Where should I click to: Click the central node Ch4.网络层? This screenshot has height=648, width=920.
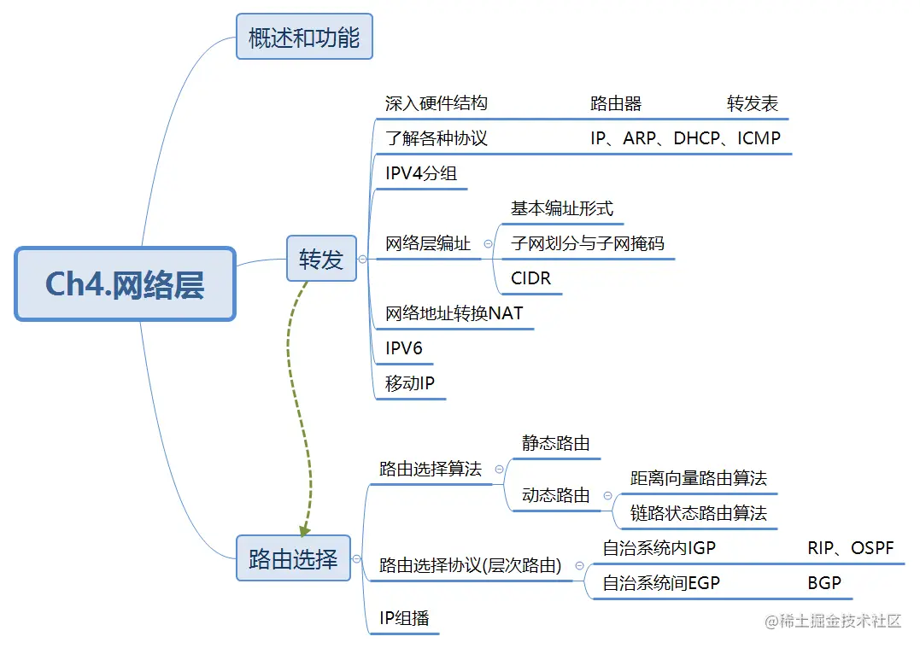coord(125,284)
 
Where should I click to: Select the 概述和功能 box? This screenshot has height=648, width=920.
coord(304,38)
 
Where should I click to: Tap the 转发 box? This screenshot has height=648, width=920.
coord(321,259)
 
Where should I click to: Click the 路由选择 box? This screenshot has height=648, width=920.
coord(293,559)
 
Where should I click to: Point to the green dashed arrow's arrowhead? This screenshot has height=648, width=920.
coord(303,530)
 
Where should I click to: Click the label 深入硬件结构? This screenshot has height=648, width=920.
coord(436,103)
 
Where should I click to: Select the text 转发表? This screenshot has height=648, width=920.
coord(753,104)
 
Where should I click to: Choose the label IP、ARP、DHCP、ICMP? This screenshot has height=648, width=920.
coord(685,138)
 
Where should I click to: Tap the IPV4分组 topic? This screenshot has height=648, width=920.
coord(421,173)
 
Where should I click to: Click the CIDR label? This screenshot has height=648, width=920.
coord(530,278)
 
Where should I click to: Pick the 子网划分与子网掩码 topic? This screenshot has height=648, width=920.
coord(587,243)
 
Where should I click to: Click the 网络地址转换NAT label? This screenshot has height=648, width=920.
coord(454,313)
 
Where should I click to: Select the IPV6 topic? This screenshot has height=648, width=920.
coord(403,348)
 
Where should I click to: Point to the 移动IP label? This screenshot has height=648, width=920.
coord(409,383)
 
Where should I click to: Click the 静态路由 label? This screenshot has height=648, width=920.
coord(555,443)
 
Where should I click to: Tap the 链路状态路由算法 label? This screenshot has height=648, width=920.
coord(698,513)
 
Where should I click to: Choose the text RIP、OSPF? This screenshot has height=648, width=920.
coord(850,548)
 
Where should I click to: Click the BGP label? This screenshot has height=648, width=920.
coord(824,583)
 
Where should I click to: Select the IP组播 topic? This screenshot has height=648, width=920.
coord(404,618)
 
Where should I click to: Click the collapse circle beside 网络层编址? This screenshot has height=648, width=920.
coord(488,243)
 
